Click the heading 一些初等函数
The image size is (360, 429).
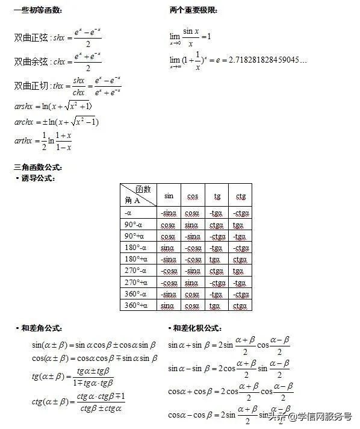[x=37, y=11]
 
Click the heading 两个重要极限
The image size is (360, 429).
[x=194, y=11]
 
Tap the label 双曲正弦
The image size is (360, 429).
[x=31, y=38]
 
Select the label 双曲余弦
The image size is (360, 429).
[x=31, y=61]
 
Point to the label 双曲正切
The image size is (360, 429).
[x=31, y=86]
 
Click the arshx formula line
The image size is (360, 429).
[x=53, y=107]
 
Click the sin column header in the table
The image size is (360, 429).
[x=169, y=196]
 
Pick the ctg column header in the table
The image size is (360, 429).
[x=240, y=196]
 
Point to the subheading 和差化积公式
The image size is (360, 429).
[x=197, y=328]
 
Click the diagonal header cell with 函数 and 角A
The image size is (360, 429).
[x=138, y=195]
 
